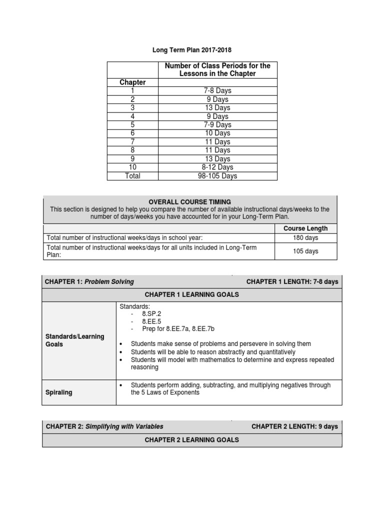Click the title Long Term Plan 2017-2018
tap(192, 50)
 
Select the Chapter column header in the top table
tap(132, 82)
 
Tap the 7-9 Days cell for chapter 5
tap(217, 124)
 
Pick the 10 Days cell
tap(217, 133)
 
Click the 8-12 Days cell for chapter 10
tap(217, 167)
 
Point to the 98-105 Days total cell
tap(217, 175)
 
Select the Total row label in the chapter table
tap(132, 175)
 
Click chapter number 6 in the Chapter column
tap(132, 133)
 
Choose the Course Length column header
tap(305, 228)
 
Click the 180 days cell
tap(305, 238)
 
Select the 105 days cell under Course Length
tap(305, 251)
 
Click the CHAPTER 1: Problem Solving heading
tap(89, 281)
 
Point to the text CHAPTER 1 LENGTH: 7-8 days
tap(292, 281)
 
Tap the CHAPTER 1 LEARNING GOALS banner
tap(192, 294)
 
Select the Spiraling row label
tap(59, 392)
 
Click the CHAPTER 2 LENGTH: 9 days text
tap(294, 426)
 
